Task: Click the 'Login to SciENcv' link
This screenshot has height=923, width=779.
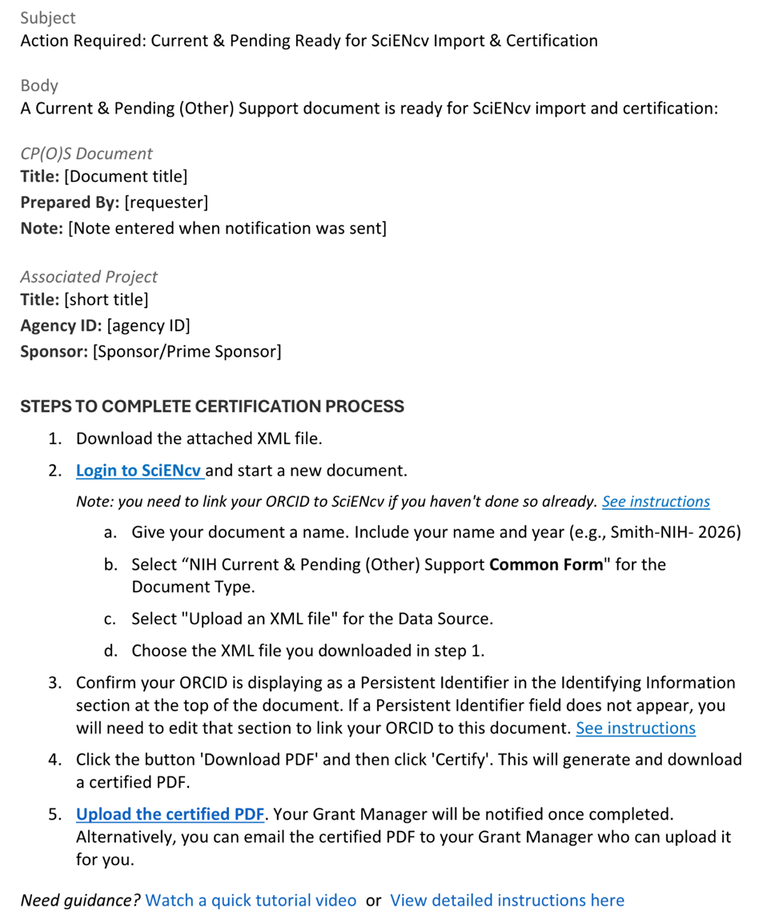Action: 138,471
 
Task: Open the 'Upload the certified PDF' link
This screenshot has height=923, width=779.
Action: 170,814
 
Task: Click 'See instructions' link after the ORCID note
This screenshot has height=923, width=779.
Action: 656,502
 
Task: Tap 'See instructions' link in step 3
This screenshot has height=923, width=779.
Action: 636,728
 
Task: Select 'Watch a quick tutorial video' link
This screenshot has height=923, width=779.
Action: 251,901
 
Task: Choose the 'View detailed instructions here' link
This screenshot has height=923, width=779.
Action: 507,901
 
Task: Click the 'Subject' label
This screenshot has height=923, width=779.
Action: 48,18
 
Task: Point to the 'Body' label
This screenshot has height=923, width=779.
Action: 39,86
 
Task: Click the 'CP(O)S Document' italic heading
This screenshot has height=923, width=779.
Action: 86,154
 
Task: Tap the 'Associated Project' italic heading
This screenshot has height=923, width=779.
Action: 89,277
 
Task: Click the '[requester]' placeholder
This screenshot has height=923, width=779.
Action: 166,203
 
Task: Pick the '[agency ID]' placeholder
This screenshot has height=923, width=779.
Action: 148,326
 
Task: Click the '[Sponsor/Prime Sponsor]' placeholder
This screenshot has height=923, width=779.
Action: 187,351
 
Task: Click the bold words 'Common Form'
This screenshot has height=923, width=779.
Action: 545,565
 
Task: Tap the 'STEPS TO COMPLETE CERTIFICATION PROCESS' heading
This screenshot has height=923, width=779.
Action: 212,407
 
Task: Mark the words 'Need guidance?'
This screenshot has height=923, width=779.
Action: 80,901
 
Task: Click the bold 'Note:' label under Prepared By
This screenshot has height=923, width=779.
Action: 42,229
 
